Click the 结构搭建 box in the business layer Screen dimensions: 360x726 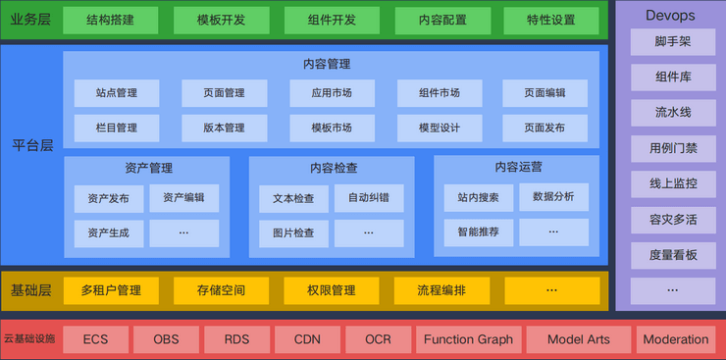click(x=111, y=20)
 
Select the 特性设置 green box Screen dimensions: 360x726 click(x=551, y=20)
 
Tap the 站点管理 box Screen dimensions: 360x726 click(x=116, y=93)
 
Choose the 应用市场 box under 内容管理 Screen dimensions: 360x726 click(x=332, y=93)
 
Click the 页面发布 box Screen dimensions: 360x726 click(x=544, y=128)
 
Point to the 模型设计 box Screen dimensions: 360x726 click(x=439, y=128)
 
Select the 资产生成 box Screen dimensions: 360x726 click(x=108, y=232)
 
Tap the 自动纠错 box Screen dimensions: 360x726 click(x=368, y=198)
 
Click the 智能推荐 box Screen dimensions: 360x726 click(x=478, y=232)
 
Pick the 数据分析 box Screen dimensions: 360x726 click(x=553, y=197)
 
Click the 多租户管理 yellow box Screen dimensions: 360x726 click(x=111, y=290)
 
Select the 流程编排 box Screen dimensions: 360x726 click(x=441, y=290)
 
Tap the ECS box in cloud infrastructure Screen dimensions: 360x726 click(x=95, y=339)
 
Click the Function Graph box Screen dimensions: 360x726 click(x=468, y=339)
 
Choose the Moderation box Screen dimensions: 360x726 click(x=675, y=339)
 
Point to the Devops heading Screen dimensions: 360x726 click(x=671, y=17)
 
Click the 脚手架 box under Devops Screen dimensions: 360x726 click(x=672, y=42)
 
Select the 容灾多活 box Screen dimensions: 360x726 click(x=672, y=219)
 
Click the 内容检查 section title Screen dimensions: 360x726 click(x=334, y=168)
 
